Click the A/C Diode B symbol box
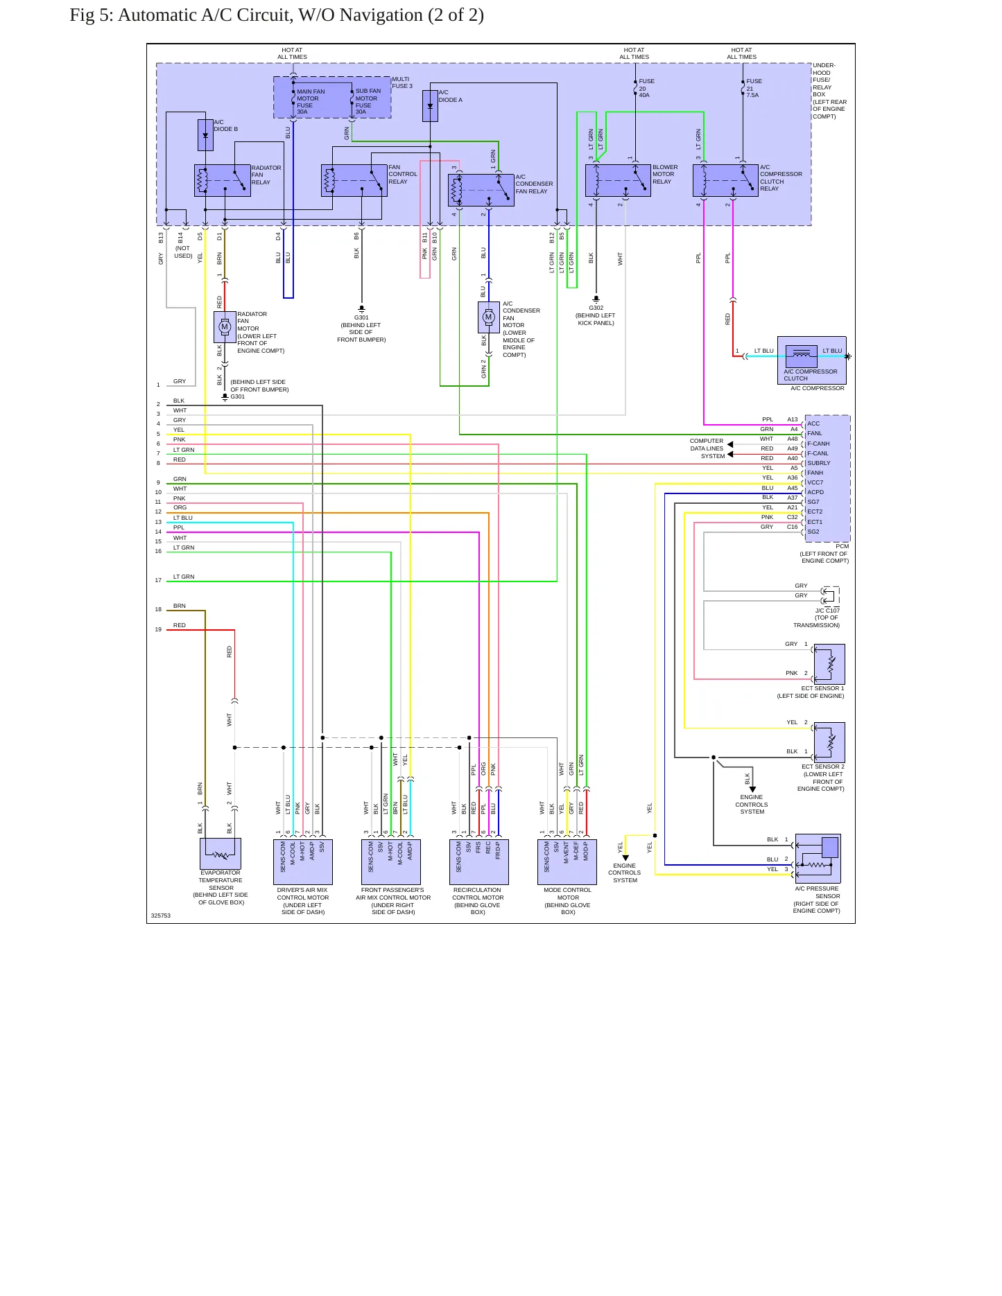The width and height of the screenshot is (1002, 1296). pyautogui.click(x=205, y=135)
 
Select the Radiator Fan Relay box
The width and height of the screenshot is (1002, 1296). pyautogui.click(x=223, y=181)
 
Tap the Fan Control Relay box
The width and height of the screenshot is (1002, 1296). pyautogui.click(x=354, y=181)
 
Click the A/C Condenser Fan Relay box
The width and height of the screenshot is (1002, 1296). pyautogui.click(x=481, y=190)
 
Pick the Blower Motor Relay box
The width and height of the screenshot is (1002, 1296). pyautogui.click(x=618, y=181)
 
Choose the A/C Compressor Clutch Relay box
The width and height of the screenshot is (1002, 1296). pyautogui.click(x=725, y=181)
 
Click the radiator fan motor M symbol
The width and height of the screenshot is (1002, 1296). pyautogui.click(x=225, y=327)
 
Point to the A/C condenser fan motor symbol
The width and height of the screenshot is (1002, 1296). pyautogui.click(x=489, y=317)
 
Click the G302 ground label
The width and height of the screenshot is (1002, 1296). pyautogui.click(x=596, y=308)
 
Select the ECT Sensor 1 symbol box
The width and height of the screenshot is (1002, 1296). pyautogui.click(x=829, y=665)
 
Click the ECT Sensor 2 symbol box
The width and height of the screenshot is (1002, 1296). pyautogui.click(x=829, y=742)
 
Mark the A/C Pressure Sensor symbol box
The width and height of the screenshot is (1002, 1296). pyautogui.click(x=818, y=859)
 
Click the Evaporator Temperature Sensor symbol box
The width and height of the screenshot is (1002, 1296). pyautogui.click(x=221, y=854)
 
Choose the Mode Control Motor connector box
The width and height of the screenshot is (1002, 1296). pyautogui.click(x=567, y=862)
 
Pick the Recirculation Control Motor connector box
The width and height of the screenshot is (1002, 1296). pyautogui.click(x=479, y=862)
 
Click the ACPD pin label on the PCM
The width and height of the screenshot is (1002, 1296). pyautogui.click(x=815, y=492)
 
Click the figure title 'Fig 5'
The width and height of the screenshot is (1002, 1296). pyautogui.click(x=91, y=15)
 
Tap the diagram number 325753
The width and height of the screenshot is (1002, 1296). pyautogui.click(x=161, y=916)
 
